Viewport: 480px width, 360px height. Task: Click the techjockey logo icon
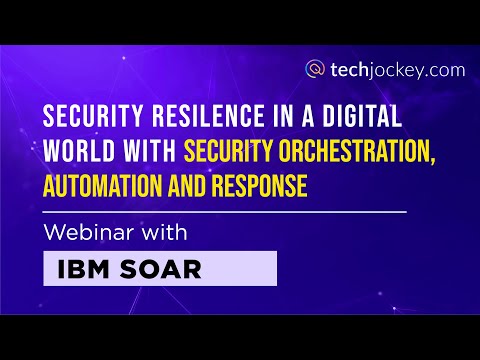click(x=316, y=69)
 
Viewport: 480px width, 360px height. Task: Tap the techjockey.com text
click(x=386, y=69)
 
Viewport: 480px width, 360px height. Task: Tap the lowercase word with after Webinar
click(x=164, y=234)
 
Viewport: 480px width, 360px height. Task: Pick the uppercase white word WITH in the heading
click(x=147, y=152)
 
